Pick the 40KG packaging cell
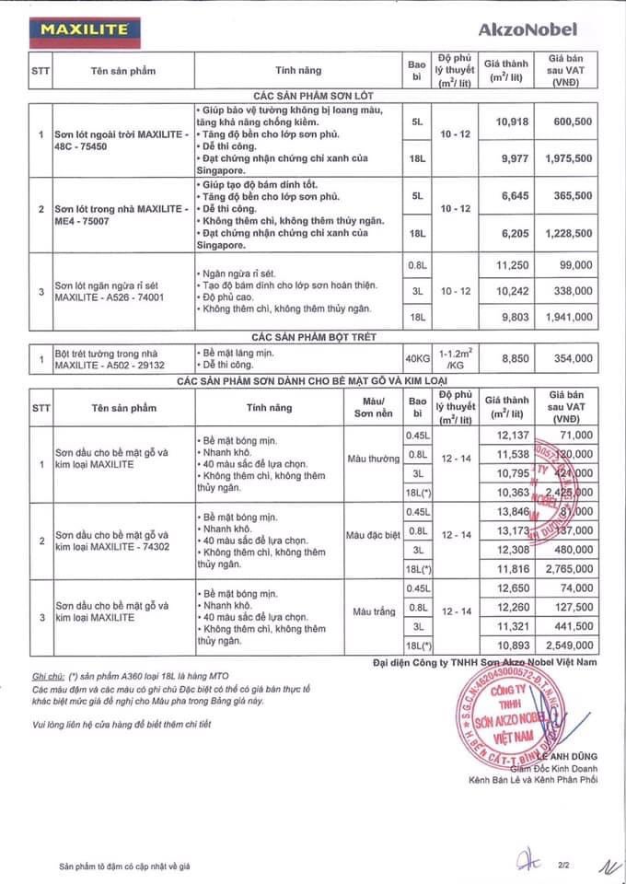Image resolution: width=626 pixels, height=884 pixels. tap(418, 357)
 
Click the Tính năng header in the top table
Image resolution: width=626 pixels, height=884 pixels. tap(298, 70)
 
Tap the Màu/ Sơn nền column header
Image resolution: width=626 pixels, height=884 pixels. tap(368, 406)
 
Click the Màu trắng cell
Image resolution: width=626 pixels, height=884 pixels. tap(368, 611)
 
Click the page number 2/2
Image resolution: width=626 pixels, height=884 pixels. tap(561, 866)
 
